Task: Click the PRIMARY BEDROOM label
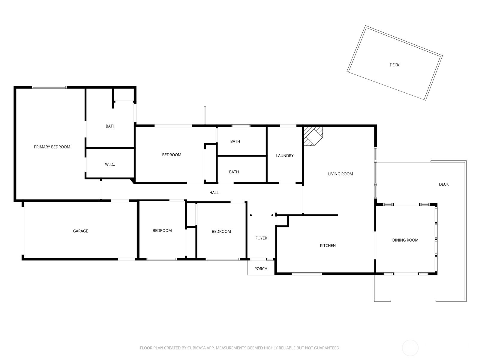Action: [52, 147]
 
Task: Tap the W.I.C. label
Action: [110, 164]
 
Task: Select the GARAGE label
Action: [80, 231]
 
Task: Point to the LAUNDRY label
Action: [285, 156]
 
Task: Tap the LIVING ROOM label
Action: [340, 174]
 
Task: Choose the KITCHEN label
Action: [328, 246]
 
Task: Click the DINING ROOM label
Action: [405, 240]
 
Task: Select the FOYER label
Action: [261, 238]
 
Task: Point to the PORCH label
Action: [261, 268]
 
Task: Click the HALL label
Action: [214, 193]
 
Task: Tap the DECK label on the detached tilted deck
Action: [394, 65]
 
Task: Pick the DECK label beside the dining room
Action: [444, 184]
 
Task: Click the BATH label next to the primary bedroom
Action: [110, 126]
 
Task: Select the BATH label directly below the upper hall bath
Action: [234, 172]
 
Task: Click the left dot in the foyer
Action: [251, 215]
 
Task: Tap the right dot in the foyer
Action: [272, 215]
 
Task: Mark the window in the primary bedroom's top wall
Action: [49, 87]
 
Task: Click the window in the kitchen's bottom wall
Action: [307, 274]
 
